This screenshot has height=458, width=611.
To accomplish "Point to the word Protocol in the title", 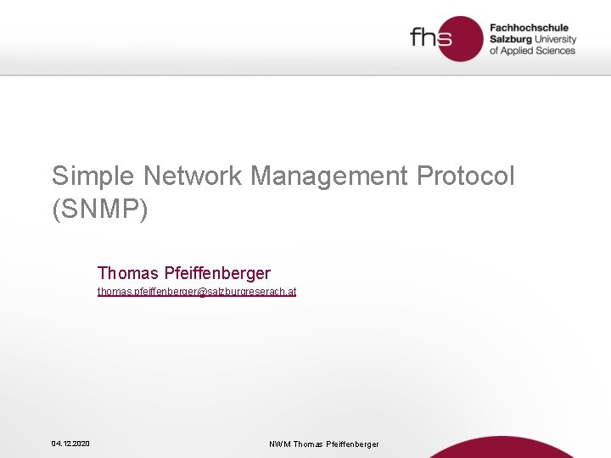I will click(466, 176).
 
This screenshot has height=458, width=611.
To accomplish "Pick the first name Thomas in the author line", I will click(128, 273).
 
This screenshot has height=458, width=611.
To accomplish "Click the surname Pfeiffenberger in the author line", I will click(218, 273).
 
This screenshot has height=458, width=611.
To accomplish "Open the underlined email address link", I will click(197, 292).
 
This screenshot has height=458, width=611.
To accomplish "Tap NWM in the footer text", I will click(279, 444).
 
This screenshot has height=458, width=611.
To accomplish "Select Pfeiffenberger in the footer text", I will click(352, 444).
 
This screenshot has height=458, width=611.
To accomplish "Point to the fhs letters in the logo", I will click(431, 38).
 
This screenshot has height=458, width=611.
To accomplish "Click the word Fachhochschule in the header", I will click(529, 28).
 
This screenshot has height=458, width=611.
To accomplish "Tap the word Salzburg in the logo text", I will click(508, 39).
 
